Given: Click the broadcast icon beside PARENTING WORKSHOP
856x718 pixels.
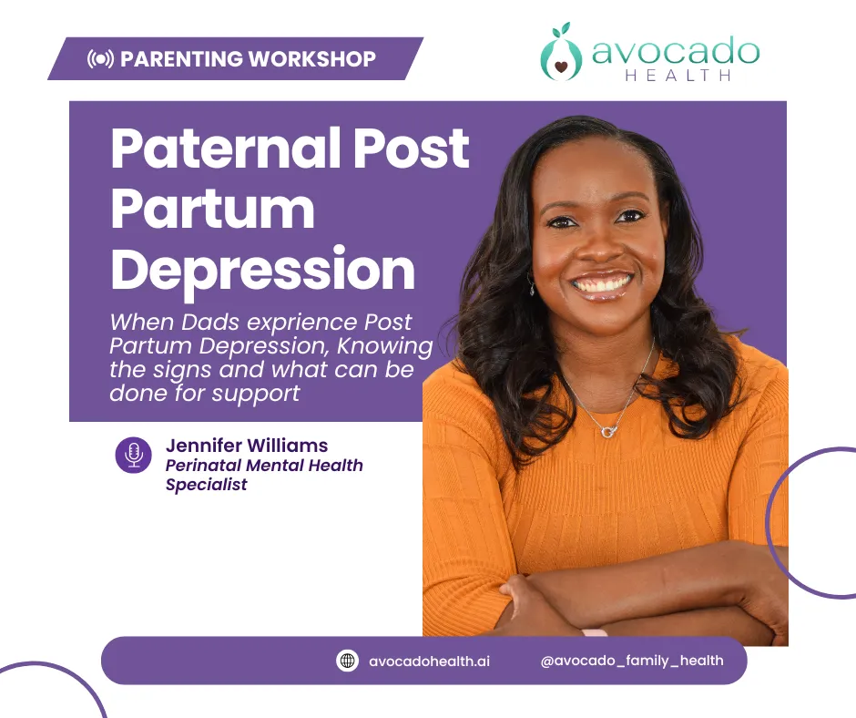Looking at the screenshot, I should click(x=100, y=59).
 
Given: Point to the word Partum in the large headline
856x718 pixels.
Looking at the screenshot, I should click(x=212, y=210).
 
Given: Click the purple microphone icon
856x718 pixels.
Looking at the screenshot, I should click(x=134, y=455).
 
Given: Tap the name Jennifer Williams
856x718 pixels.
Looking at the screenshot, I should click(x=246, y=446).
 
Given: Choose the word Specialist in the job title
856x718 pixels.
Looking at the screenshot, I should click(x=206, y=485).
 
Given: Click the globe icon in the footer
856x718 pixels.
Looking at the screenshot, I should click(x=347, y=661).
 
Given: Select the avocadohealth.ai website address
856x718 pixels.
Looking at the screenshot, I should click(x=429, y=661).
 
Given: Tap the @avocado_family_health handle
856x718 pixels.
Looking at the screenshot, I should click(x=632, y=660).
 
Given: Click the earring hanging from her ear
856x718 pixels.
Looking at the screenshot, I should click(x=532, y=286).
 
